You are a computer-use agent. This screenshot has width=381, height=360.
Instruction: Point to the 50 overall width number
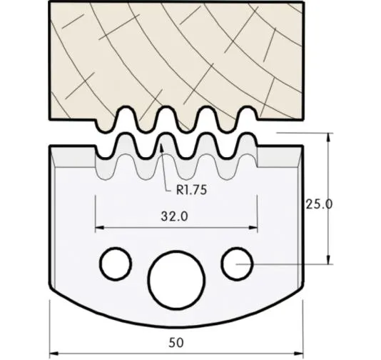(176, 342)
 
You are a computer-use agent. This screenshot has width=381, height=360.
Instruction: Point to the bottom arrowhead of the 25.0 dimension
(327, 261)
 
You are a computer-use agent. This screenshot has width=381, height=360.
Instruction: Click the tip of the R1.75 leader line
(162, 146)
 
